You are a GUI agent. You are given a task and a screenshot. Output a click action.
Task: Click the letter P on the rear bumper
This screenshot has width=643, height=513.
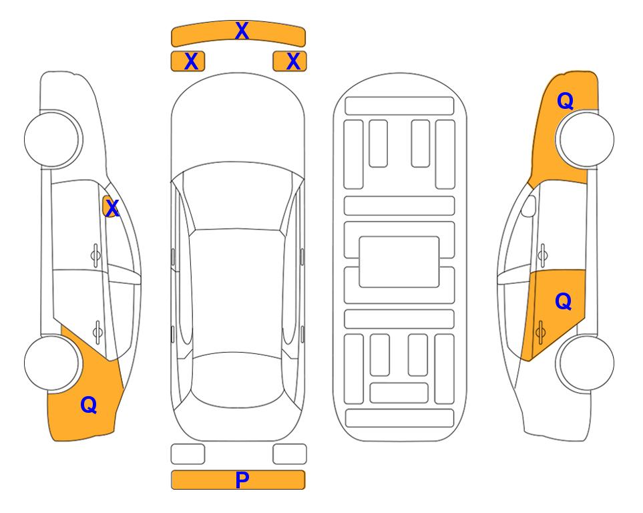(242, 480)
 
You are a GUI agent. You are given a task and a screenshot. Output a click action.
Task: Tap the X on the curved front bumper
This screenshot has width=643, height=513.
(242, 30)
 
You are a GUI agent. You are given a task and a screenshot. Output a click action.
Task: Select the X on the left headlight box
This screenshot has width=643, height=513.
(191, 61)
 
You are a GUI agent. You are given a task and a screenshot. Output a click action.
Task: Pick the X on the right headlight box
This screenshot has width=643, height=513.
(293, 61)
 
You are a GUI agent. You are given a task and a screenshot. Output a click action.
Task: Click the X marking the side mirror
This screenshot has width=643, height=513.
(112, 208)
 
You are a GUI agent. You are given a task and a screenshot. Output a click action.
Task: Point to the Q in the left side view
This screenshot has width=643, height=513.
(89, 405)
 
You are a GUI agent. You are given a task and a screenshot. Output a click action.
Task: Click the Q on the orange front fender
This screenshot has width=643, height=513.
(565, 101)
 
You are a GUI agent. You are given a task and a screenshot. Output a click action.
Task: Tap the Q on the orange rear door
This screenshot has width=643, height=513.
(564, 301)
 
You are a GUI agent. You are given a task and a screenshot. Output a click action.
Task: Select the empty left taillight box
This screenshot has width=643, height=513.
(188, 454)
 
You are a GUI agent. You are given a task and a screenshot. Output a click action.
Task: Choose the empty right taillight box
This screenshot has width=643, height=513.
(290, 454)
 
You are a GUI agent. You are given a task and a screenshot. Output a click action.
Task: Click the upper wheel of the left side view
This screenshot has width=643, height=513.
(51, 139)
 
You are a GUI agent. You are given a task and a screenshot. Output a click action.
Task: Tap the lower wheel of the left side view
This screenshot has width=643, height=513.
(51, 363)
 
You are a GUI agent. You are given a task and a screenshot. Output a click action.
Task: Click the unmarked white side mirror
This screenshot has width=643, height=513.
(529, 206)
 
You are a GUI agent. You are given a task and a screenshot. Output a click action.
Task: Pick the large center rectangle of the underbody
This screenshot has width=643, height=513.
(399, 262)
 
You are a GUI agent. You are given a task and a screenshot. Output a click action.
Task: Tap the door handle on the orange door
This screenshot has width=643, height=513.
(540, 332)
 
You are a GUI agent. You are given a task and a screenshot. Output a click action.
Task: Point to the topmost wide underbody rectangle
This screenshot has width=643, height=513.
(399, 106)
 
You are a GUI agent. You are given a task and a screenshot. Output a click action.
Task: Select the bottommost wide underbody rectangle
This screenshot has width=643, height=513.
(399, 418)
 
